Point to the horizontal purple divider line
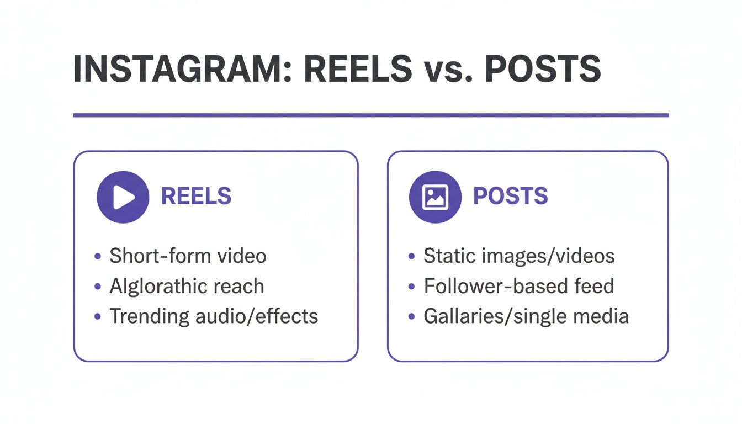(x=371, y=115)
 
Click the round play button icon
(x=123, y=197)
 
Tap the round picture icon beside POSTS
(x=435, y=197)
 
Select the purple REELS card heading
(x=196, y=197)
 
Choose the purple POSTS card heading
(x=510, y=197)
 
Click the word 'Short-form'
(x=152, y=256)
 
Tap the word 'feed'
(x=594, y=286)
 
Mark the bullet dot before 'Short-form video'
(x=98, y=257)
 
